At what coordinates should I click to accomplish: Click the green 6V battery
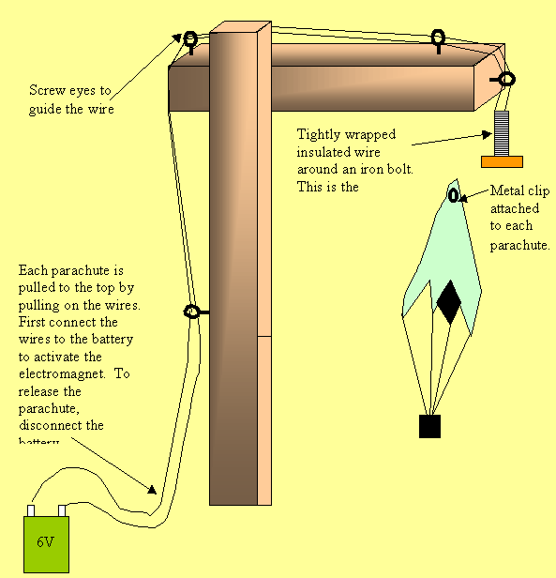point(46,543)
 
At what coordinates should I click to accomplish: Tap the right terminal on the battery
point(63,510)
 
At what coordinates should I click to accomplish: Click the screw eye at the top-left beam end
point(190,39)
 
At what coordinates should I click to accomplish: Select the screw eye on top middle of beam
point(437,38)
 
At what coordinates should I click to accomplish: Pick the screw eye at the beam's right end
point(506,80)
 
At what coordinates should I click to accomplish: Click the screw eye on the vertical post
point(192,312)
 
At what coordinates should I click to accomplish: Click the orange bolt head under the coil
point(502,161)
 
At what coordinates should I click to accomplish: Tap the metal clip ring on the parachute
point(454,196)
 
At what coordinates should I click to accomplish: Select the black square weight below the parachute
point(429,426)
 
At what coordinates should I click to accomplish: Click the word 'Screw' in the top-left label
point(47,91)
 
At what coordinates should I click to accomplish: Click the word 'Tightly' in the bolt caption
point(318,135)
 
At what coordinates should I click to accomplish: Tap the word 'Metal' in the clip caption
point(506,191)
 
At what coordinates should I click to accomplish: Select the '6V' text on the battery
point(46,542)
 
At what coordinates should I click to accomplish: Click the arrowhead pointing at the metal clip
point(465,195)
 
